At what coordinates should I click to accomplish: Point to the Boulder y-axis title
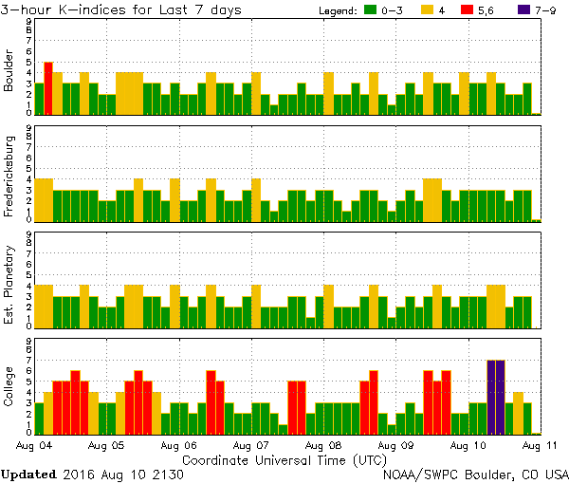pyautogui.click(x=9, y=72)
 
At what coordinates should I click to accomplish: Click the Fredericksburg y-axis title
pyautogui.click(x=9, y=177)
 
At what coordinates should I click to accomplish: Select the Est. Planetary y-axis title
pyautogui.click(x=9, y=284)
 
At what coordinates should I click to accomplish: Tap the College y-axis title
pyautogui.click(x=9, y=390)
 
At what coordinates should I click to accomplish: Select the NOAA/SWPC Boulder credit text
pyautogui.click(x=475, y=473)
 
